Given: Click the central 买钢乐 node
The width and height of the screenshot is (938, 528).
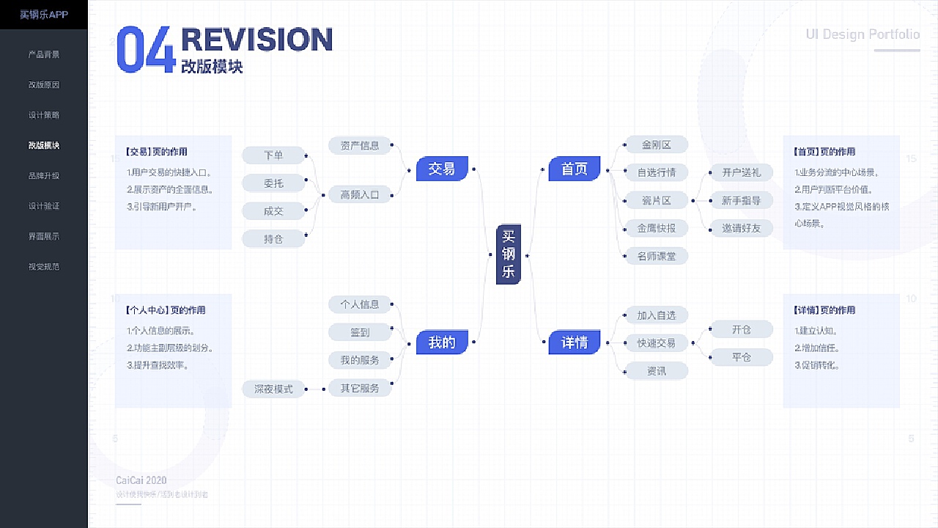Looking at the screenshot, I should [x=508, y=254].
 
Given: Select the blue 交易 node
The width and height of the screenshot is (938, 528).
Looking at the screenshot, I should [x=442, y=169].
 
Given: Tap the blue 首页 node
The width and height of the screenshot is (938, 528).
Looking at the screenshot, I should [x=575, y=169].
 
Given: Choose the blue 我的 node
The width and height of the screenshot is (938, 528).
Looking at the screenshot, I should [x=442, y=342].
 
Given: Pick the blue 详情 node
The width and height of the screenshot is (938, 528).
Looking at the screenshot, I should [x=575, y=342].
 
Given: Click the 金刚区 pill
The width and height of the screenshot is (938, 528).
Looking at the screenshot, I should [x=657, y=145].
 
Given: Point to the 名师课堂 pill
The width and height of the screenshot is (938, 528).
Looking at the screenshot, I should [x=657, y=256].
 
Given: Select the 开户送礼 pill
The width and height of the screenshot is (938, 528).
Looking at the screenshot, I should [x=742, y=172].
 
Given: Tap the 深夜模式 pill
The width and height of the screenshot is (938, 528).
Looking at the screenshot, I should [x=273, y=389].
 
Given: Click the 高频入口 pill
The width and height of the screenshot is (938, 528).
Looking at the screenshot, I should [x=360, y=194].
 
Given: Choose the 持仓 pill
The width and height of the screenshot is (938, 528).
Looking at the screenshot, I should [x=273, y=238].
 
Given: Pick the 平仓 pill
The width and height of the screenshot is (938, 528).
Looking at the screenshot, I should [x=742, y=357].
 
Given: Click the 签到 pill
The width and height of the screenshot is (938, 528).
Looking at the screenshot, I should [x=360, y=332].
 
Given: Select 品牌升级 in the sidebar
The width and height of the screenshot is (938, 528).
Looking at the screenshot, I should [x=44, y=176].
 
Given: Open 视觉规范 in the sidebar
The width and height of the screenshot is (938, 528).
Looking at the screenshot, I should [x=44, y=267].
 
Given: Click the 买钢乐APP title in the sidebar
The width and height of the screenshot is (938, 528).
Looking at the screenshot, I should [x=44, y=15].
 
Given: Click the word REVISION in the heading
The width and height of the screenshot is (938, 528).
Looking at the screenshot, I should [x=256, y=40].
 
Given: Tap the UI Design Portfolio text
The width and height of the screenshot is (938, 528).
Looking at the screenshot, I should [x=863, y=34].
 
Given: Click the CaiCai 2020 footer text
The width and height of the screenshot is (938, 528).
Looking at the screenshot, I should [x=141, y=480].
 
